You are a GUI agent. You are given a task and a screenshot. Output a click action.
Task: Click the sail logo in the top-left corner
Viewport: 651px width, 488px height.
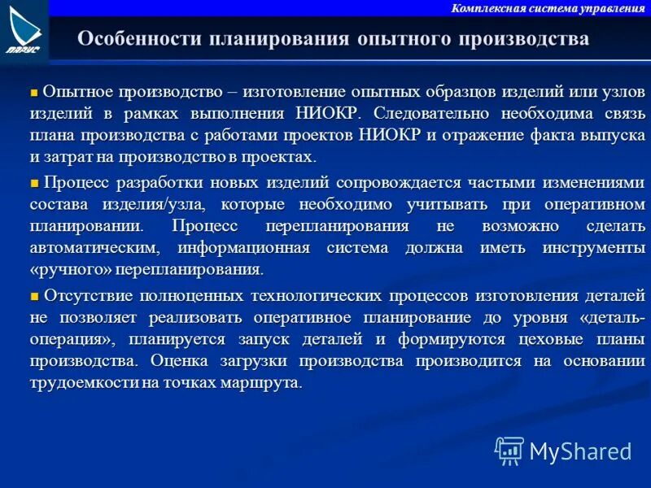coord(24,30)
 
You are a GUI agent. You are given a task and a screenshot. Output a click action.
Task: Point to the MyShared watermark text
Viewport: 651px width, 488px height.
coord(580,451)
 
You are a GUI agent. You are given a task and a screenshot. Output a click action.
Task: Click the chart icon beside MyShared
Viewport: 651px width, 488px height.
coord(509,451)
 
